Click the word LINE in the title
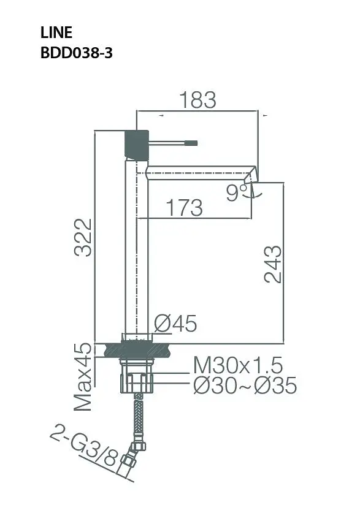56,32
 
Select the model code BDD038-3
77,53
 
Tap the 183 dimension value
198,100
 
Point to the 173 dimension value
184,207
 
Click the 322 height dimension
83,238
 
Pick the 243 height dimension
273,264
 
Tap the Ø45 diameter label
176,324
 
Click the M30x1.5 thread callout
238,365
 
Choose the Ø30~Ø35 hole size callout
245,385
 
